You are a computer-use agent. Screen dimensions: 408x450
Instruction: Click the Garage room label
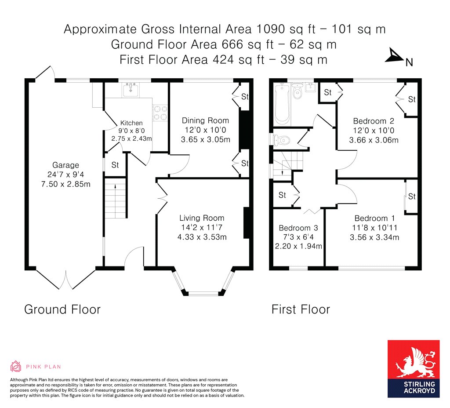pos(65,165)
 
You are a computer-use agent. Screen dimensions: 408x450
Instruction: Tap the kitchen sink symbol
pos(131,90)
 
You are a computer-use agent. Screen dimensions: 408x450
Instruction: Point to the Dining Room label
pos(205,120)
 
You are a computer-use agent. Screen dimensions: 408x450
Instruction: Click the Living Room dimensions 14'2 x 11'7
pos(202,228)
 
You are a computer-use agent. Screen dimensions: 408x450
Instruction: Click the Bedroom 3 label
pos(298,228)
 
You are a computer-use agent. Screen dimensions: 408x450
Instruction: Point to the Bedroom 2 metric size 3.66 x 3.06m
pos(374,141)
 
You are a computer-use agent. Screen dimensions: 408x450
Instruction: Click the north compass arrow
pos(394,56)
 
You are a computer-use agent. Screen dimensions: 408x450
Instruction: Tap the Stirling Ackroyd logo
pos(414,369)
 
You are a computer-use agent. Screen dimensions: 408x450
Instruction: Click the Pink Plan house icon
pos(16,366)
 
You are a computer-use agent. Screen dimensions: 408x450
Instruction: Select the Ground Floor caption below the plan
pos(62,310)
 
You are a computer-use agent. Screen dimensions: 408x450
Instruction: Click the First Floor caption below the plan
pos(301,310)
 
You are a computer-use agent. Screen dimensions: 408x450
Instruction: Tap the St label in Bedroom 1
pos(411,197)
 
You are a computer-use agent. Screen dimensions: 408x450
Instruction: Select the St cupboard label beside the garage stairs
pos(115,165)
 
